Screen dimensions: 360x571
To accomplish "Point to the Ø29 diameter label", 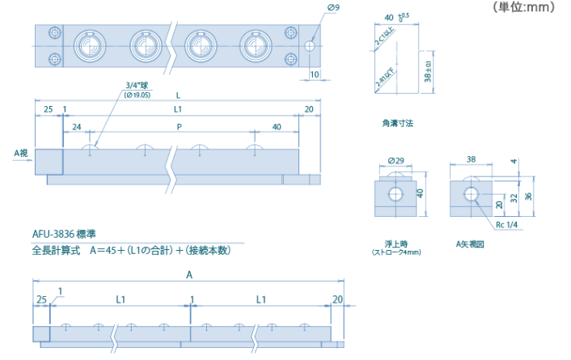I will coord(396,160).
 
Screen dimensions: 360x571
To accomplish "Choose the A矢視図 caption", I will coord(469,242).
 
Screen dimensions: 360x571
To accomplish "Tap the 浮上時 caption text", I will coord(396,242).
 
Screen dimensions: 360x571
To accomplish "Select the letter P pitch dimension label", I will coord(180,127).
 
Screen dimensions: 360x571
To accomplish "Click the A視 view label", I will coord(22,151).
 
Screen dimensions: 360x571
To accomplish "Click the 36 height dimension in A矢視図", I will coord(528,195).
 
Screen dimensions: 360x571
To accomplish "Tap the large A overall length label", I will coord(189,275).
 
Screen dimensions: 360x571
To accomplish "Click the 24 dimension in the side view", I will coord(77,127).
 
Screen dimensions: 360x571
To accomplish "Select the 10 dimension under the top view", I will coord(315,74).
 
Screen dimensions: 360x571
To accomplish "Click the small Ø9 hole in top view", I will coord(310,47).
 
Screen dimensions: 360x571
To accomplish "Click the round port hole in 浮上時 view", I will coord(396,194).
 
